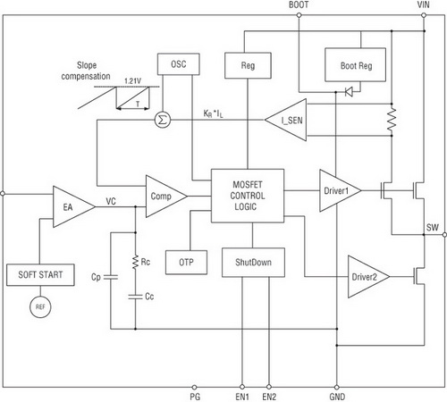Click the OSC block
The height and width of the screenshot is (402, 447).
coord(178,64)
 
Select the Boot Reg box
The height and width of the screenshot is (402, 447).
coord(355,64)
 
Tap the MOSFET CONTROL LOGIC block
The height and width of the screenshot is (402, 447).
coord(248,196)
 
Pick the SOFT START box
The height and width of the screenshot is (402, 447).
coord(40,274)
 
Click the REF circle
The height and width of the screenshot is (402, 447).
coord(40,306)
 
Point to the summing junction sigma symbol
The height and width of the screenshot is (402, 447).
coord(163,120)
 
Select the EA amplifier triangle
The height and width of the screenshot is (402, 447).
coord(74,206)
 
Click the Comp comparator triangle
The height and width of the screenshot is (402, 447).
coord(166,197)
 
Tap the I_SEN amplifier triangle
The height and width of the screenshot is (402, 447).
coord(286,120)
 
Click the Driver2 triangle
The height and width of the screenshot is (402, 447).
coord(368,277)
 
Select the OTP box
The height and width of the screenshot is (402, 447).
coord(186,262)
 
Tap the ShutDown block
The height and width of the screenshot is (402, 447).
coord(253,263)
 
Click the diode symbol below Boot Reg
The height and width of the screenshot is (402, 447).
coord(349,92)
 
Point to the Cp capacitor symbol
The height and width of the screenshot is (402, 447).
coord(111,277)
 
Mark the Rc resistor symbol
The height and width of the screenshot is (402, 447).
coord(135,262)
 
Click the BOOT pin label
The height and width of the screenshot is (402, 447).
coord(299,4)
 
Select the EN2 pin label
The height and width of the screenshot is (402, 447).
coord(269,397)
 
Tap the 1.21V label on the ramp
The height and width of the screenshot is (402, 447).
coord(132,81)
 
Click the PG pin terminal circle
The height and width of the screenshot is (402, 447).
coord(194,387)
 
